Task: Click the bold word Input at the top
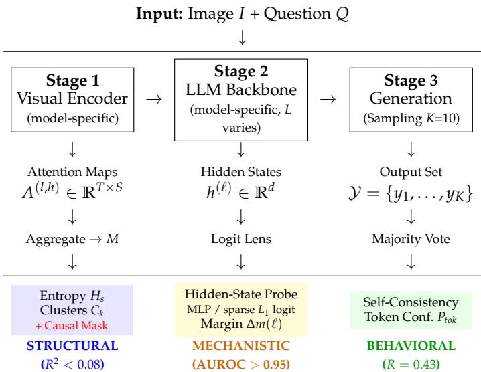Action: pyautogui.click(x=159, y=15)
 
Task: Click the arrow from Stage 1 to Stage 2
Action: pyautogui.click(x=154, y=99)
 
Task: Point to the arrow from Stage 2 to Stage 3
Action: pyautogui.click(x=328, y=99)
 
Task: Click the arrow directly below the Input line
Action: pyautogui.click(x=243, y=37)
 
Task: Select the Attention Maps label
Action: pyautogui.click(x=72, y=172)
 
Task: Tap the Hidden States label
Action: pyautogui.click(x=241, y=171)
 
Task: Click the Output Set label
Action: pyautogui.click(x=411, y=172)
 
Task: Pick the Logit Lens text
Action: pyautogui.click(x=241, y=239)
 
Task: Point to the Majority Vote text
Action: pyautogui.click(x=411, y=239)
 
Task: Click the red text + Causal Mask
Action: pyautogui.click(x=72, y=325)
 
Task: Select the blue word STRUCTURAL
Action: pyautogui.click(x=72, y=346)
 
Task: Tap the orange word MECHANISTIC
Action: pyautogui.click(x=241, y=346)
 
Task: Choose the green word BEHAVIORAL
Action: pyautogui.click(x=411, y=346)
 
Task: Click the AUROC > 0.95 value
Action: pyautogui.click(x=241, y=365)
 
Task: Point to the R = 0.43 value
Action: pyautogui.click(x=411, y=365)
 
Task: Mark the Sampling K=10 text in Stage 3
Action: pyautogui.click(x=411, y=118)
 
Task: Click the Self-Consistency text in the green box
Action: pyautogui.click(x=411, y=302)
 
